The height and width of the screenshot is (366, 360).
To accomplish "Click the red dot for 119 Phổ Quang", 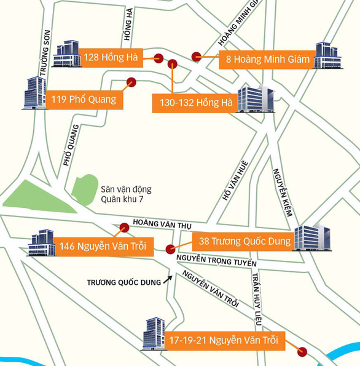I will click(x=131, y=82).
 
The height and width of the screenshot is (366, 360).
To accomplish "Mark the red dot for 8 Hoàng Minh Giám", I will click(x=196, y=57).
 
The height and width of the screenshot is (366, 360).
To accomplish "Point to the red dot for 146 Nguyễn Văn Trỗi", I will click(x=123, y=227).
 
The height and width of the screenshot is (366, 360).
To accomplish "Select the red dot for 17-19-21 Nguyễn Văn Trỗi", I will click(x=302, y=352).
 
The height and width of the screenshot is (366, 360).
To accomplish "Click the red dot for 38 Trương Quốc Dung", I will click(x=170, y=249).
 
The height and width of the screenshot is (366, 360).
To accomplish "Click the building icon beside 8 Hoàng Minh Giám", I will click(x=327, y=56).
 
